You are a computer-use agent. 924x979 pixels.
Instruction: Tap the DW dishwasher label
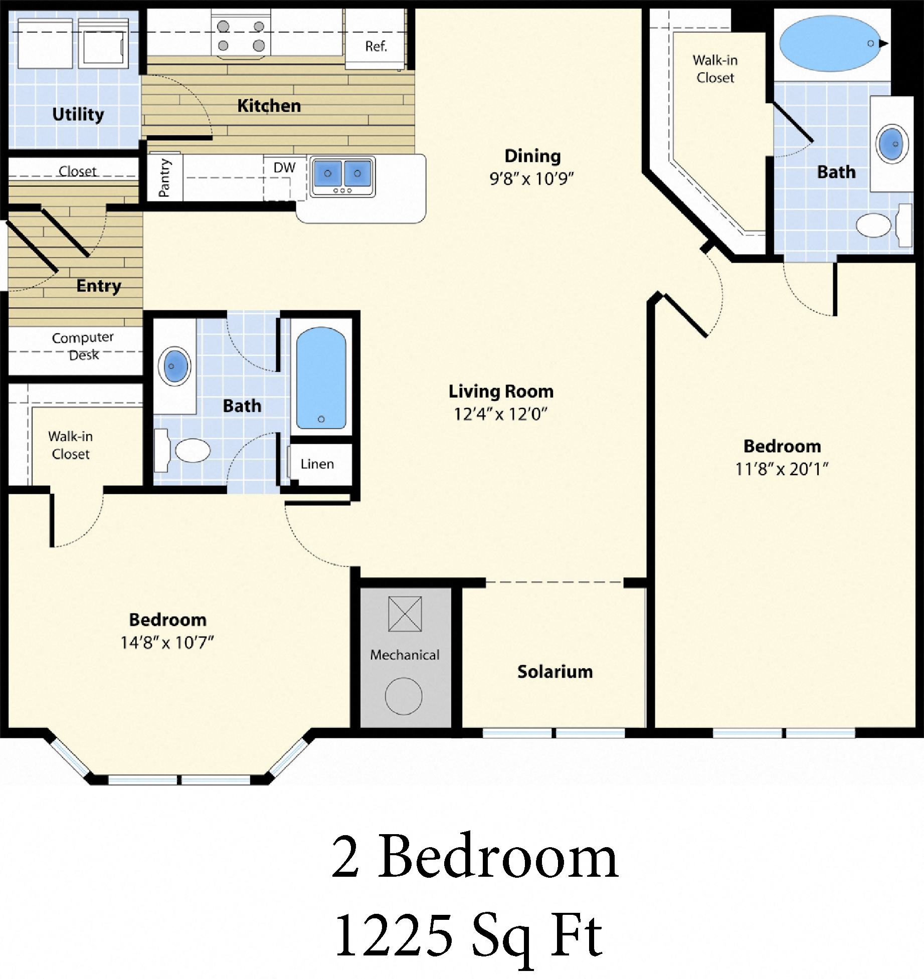point(284,168)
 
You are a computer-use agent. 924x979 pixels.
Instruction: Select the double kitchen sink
point(343,176)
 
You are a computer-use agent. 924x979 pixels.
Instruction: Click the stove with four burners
point(241,35)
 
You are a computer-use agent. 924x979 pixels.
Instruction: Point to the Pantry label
point(164,177)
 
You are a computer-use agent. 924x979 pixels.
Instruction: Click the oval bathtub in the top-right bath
point(830,44)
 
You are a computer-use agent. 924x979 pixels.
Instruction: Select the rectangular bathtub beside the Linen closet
point(321,378)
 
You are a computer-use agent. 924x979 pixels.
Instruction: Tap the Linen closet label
point(317,464)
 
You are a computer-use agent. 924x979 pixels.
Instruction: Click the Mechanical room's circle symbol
point(404,696)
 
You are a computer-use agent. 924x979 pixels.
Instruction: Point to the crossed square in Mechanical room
point(405,614)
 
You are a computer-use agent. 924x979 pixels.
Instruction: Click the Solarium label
point(555,672)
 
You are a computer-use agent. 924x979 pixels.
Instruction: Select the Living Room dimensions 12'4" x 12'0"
point(500,414)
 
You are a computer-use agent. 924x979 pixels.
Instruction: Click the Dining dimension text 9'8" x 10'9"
point(531,178)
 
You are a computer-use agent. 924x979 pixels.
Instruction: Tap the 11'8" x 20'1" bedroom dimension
point(782,469)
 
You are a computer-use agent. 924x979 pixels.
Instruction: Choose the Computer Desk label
point(83,346)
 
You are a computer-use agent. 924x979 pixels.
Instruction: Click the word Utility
point(78,114)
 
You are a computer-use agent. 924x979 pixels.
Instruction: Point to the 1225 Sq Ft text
point(469,935)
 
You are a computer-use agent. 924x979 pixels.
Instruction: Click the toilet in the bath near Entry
point(193,450)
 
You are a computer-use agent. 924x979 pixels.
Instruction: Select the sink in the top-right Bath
point(892,144)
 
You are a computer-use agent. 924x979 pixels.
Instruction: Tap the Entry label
point(99,286)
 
